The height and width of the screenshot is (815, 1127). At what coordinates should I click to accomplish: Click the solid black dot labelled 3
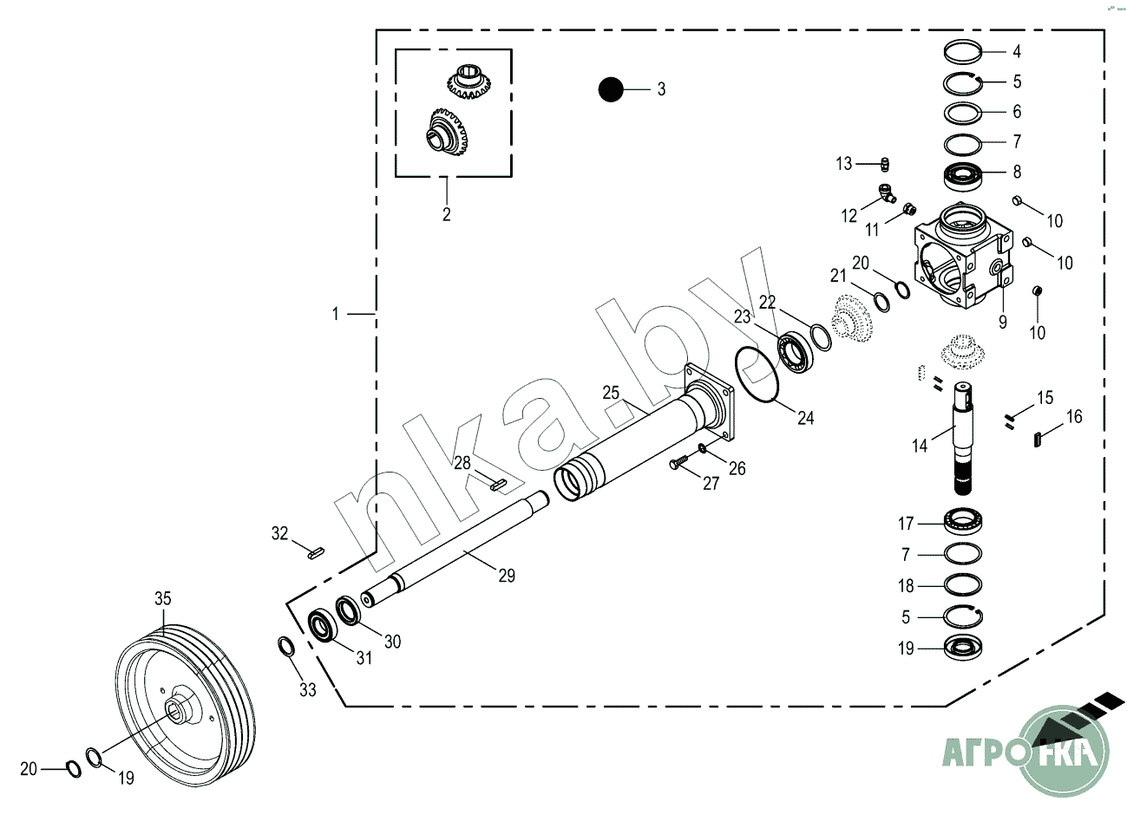[612, 88]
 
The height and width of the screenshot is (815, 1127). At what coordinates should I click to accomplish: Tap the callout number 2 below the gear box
[447, 214]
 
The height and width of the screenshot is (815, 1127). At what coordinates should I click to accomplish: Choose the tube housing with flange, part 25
[642, 442]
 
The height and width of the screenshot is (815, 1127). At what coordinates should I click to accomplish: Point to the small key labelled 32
[314, 550]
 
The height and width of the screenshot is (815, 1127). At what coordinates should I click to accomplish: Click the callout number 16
[1074, 417]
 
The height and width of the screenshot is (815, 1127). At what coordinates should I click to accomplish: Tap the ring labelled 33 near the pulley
[285, 647]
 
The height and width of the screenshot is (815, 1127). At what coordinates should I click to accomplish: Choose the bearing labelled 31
[324, 626]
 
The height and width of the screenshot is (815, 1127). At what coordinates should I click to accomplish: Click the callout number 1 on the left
[337, 314]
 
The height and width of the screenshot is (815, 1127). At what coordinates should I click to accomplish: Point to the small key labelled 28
[498, 485]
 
